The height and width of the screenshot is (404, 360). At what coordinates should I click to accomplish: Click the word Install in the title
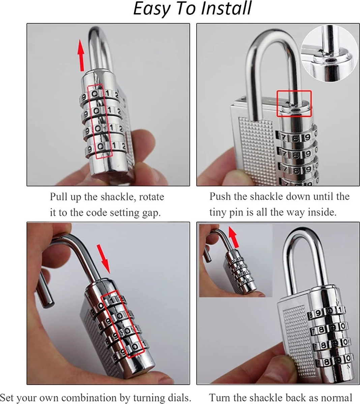[x=226, y=8]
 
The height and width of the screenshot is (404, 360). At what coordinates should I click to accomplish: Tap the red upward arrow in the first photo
[x=81, y=55]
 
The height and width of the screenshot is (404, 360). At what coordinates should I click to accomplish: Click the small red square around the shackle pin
[x=294, y=103]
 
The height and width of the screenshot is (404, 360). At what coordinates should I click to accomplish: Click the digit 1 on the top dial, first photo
[x=108, y=93]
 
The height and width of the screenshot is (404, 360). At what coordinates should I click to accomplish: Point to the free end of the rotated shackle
[x=48, y=304]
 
